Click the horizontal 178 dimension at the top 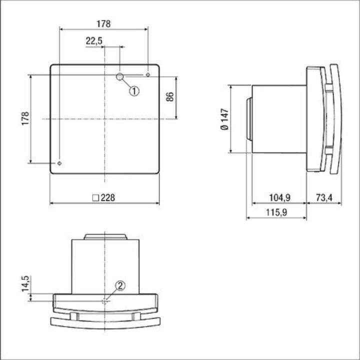(x=103, y=23)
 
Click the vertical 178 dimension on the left (x=25, y=118)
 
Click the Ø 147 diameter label (x=223, y=119)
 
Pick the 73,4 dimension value (x=324, y=197)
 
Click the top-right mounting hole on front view (x=148, y=75)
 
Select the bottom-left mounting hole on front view (x=59, y=163)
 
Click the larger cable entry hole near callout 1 (x=120, y=76)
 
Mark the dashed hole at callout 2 (x=104, y=301)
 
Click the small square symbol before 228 (x=95, y=197)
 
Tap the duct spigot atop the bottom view (x=104, y=236)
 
